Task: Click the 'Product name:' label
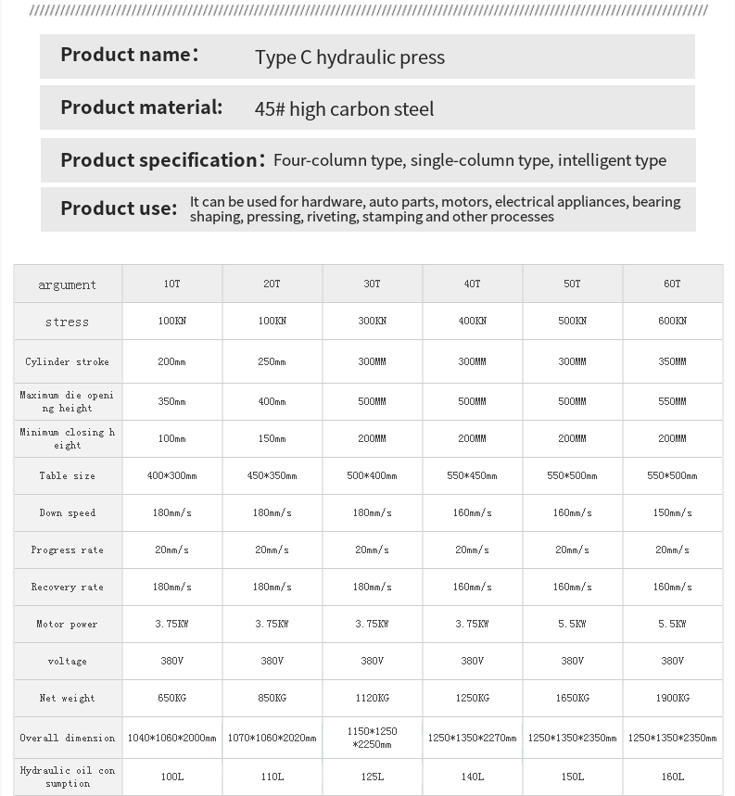pyautogui.click(x=130, y=55)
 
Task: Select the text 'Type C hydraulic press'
pyautogui.click(x=349, y=57)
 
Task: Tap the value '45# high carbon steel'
pyautogui.click(x=344, y=109)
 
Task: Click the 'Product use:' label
pyautogui.click(x=119, y=208)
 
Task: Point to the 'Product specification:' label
pyautogui.click(x=163, y=160)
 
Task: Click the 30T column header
pyautogui.click(x=372, y=284)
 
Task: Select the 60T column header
pyautogui.click(x=672, y=284)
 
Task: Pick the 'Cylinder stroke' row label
pyautogui.click(x=67, y=362)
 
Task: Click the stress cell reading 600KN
pyautogui.click(x=672, y=322)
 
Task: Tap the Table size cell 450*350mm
pyautogui.click(x=272, y=476)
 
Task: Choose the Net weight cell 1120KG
pyautogui.click(x=372, y=699)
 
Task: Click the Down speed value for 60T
pyautogui.click(x=672, y=513)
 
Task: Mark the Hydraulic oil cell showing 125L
pyautogui.click(x=372, y=777)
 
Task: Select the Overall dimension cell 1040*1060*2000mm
pyautogui.click(x=171, y=739)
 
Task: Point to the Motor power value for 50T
pyautogui.click(x=572, y=625)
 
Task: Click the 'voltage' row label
pyautogui.click(x=67, y=662)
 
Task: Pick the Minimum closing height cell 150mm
pyautogui.click(x=272, y=439)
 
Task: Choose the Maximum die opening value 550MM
pyautogui.click(x=672, y=402)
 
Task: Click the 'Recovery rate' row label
pyautogui.click(x=67, y=588)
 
